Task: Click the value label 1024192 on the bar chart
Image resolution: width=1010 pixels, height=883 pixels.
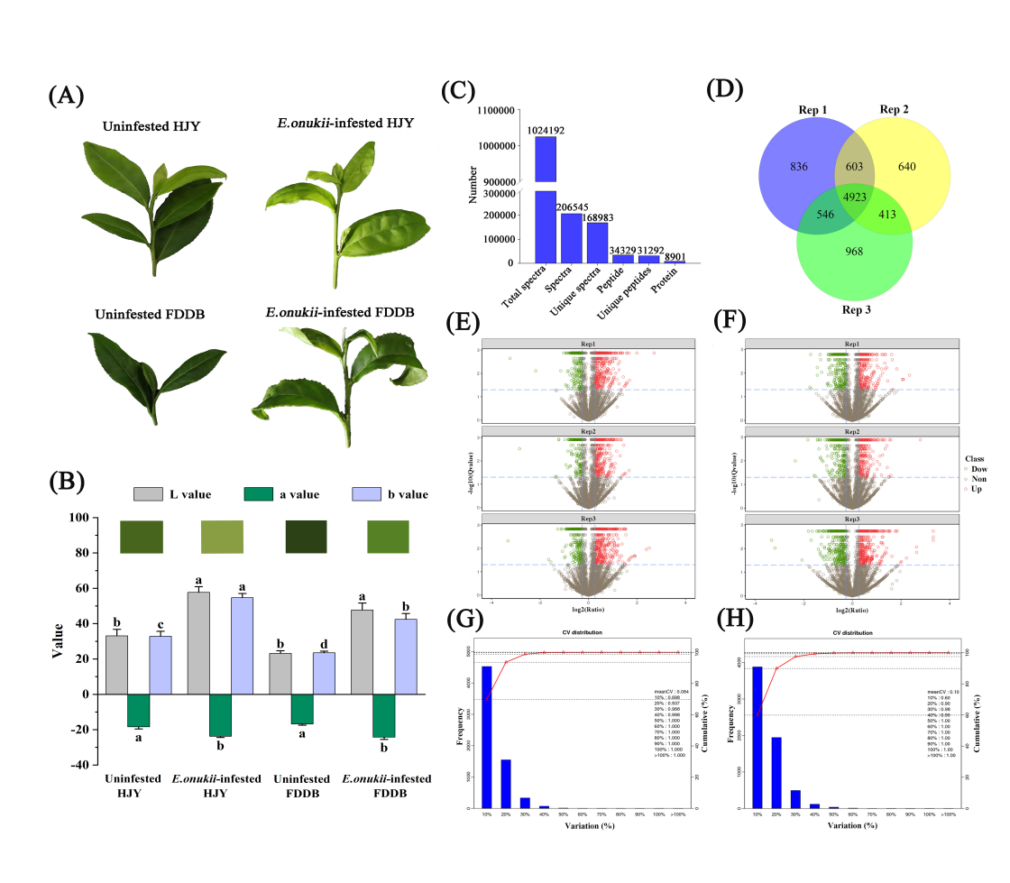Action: pos(546,129)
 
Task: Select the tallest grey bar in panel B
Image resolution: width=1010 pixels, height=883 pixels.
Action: pos(198,643)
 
